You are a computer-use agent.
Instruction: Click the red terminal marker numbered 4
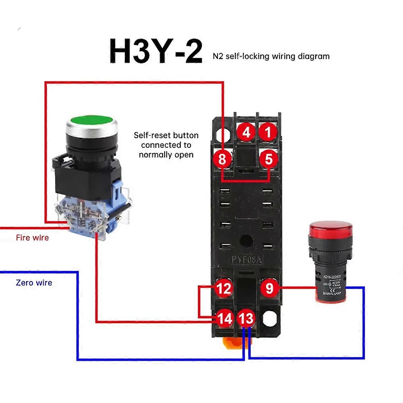click(247, 132)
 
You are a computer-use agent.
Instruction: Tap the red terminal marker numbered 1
click(268, 132)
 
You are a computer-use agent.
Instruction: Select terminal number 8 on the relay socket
click(222, 159)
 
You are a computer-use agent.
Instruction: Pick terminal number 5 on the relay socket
click(269, 159)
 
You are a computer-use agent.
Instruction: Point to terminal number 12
click(224, 288)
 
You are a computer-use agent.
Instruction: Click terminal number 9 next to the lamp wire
click(269, 288)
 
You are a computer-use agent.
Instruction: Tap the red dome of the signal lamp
click(331, 228)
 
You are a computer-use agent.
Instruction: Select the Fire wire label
click(32, 238)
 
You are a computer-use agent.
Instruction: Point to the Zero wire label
click(34, 282)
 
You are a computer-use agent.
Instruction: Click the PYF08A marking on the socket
click(247, 260)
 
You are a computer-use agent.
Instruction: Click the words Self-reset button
click(166, 135)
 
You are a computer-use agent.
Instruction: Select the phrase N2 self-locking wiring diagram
click(271, 56)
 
